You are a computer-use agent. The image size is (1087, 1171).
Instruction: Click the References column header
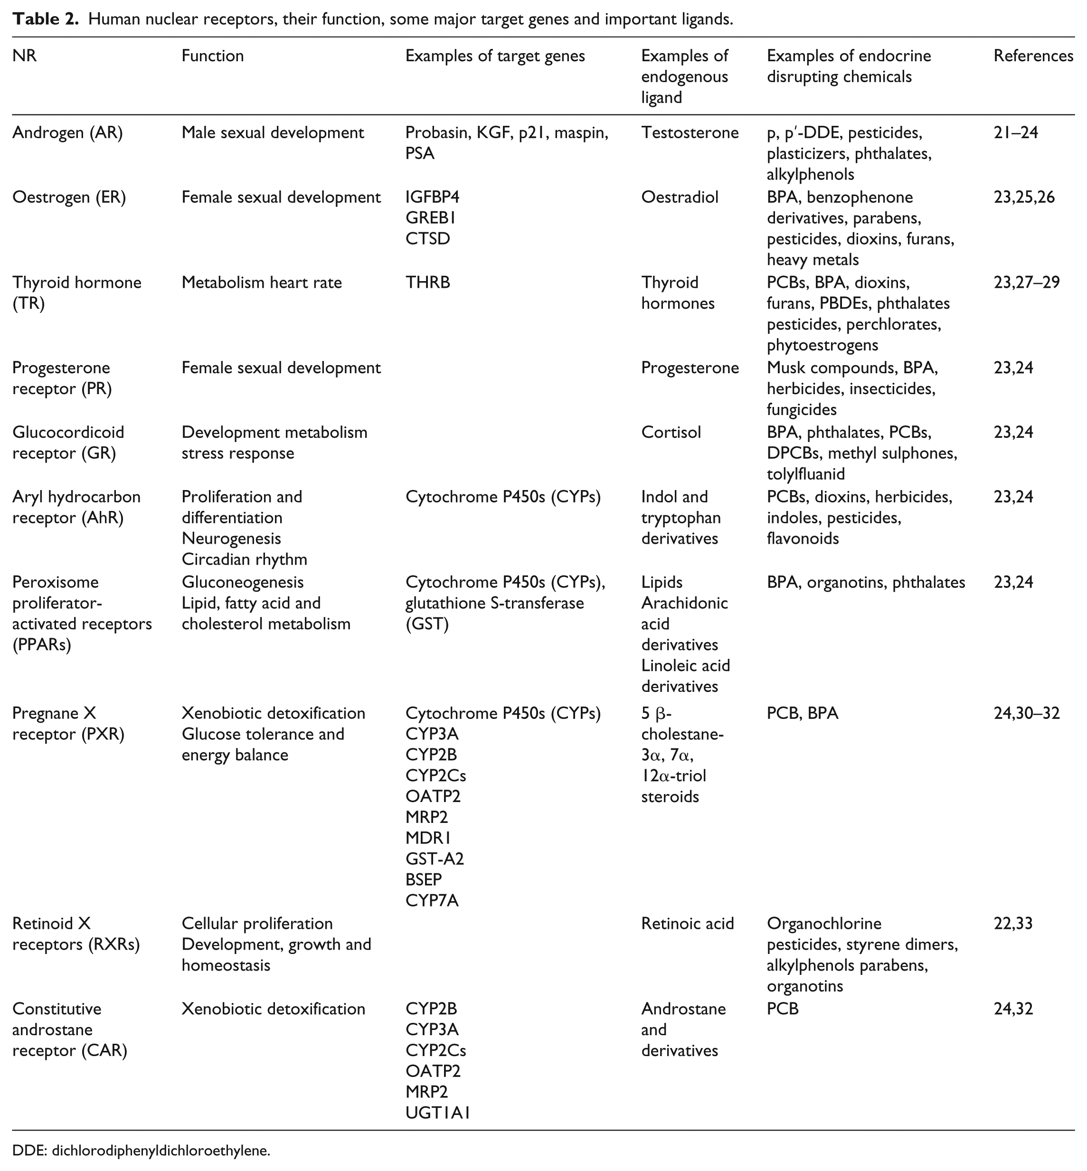pyautogui.click(x=1033, y=56)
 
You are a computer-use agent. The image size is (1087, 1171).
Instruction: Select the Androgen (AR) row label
pyautogui.click(x=67, y=133)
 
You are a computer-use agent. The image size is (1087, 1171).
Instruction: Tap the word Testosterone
pyautogui.click(x=690, y=133)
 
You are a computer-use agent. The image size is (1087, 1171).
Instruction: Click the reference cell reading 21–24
pyautogui.click(x=1016, y=133)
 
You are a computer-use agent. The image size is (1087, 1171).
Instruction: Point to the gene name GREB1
pyautogui.click(x=431, y=218)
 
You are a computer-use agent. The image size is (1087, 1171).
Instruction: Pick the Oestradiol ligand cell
pyautogui.click(x=680, y=197)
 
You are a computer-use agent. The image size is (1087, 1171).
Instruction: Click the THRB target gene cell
pyautogui.click(x=427, y=283)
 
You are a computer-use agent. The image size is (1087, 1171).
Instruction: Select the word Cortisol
pyautogui.click(x=671, y=433)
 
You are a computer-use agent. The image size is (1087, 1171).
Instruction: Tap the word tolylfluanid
pyautogui.click(x=805, y=474)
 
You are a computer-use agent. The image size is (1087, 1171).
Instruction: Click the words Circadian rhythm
pyautogui.click(x=244, y=559)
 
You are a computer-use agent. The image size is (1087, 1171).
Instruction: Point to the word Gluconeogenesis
pyautogui.click(x=242, y=582)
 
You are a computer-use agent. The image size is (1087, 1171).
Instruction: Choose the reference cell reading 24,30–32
pyautogui.click(x=1026, y=713)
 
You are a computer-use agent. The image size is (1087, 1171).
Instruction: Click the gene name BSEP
pyautogui.click(x=424, y=879)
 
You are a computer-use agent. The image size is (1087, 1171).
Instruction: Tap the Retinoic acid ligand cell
pyautogui.click(x=687, y=924)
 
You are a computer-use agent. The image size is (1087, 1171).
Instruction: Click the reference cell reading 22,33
pyautogui.click(x=1013, y=924)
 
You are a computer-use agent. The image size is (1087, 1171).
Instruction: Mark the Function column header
pyautogui.click(x=212, y=56)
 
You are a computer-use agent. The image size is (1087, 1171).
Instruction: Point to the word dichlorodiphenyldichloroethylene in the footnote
pyautogui.click(x=161, y=1151)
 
